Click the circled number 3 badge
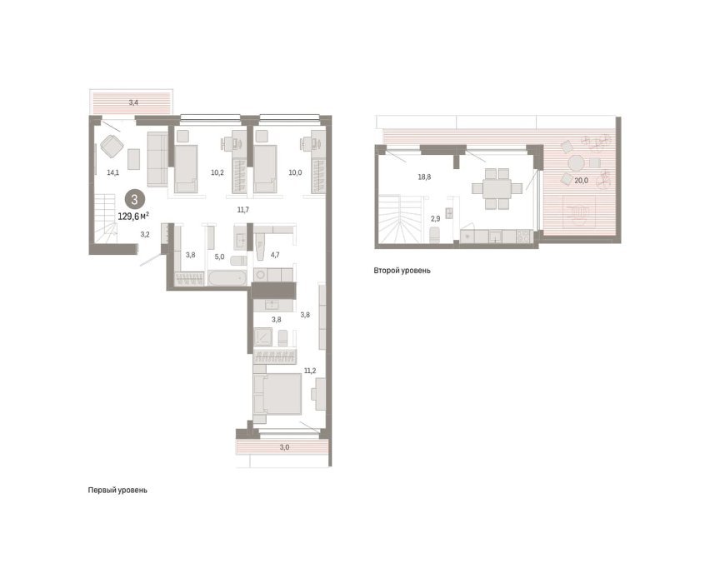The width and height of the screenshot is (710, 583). [x=134, y=199]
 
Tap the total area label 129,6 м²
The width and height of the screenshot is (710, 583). [x=133, y=217]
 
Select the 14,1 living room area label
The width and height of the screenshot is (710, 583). [x=112, y=172]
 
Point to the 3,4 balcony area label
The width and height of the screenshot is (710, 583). [x=133, y=102]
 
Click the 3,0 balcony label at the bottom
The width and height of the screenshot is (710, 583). [x=284, y=448]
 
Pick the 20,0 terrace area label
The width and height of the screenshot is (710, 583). [x=581, y=180]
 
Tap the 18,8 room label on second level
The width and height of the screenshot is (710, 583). [x=424, y=177]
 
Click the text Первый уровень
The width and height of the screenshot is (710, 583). [x=117, y=491]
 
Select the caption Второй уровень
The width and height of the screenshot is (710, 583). [x=402, y=271]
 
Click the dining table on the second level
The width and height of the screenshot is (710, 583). [x=497, y=188]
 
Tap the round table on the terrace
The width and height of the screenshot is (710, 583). [x=577, y=162]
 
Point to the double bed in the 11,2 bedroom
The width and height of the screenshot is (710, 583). [x=277, y=394]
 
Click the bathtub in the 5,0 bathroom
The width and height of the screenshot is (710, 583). [x=227, y=277]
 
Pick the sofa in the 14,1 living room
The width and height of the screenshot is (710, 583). [x=158, y=159]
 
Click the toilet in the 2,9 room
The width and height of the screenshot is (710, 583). [x=435, y=235]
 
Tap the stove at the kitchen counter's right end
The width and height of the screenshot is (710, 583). [x=524, y=236]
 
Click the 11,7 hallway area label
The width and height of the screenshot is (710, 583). [x=243, y=210]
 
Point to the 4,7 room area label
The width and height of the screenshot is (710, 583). [x=275, y=255]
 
